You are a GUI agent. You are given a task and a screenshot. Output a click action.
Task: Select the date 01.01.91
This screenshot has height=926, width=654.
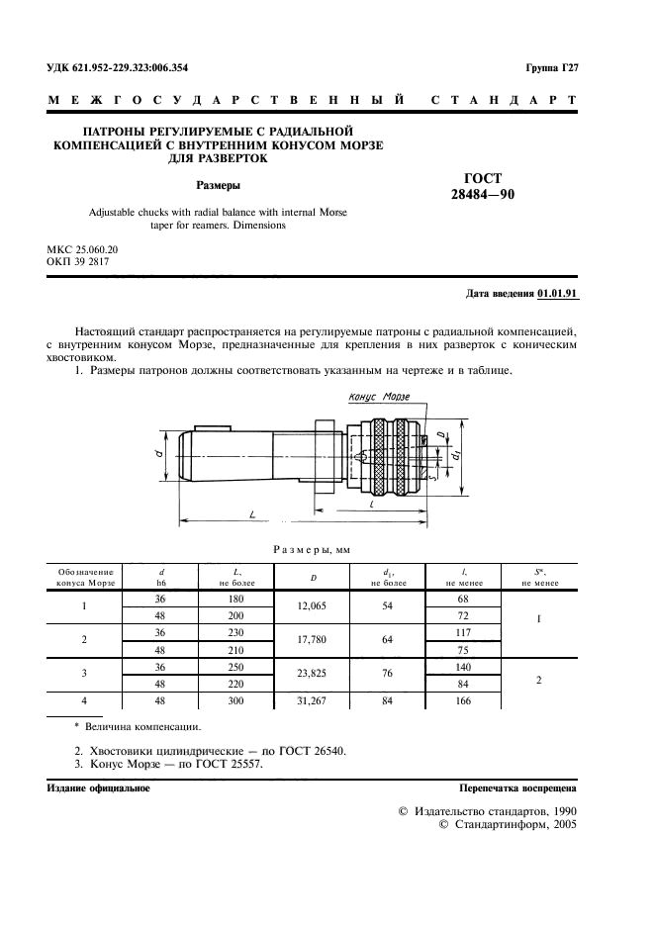[559, 294]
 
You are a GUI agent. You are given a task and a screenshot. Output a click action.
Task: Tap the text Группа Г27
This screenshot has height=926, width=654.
[551, 68]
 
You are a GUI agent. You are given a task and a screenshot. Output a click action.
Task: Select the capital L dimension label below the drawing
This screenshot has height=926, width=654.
[253, 514]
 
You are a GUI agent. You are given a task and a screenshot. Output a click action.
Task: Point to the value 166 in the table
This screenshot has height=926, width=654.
[463, 701]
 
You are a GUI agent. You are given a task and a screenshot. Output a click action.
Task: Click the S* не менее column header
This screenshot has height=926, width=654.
[539, 577]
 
